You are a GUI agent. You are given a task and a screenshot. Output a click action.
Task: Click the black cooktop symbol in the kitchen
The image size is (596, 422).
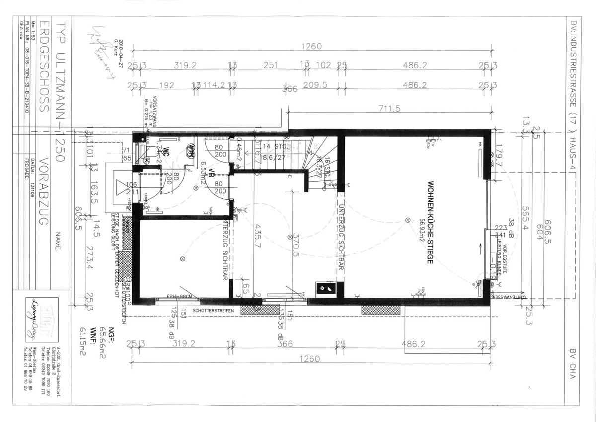pyautogui.click(x=326, y=287)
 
